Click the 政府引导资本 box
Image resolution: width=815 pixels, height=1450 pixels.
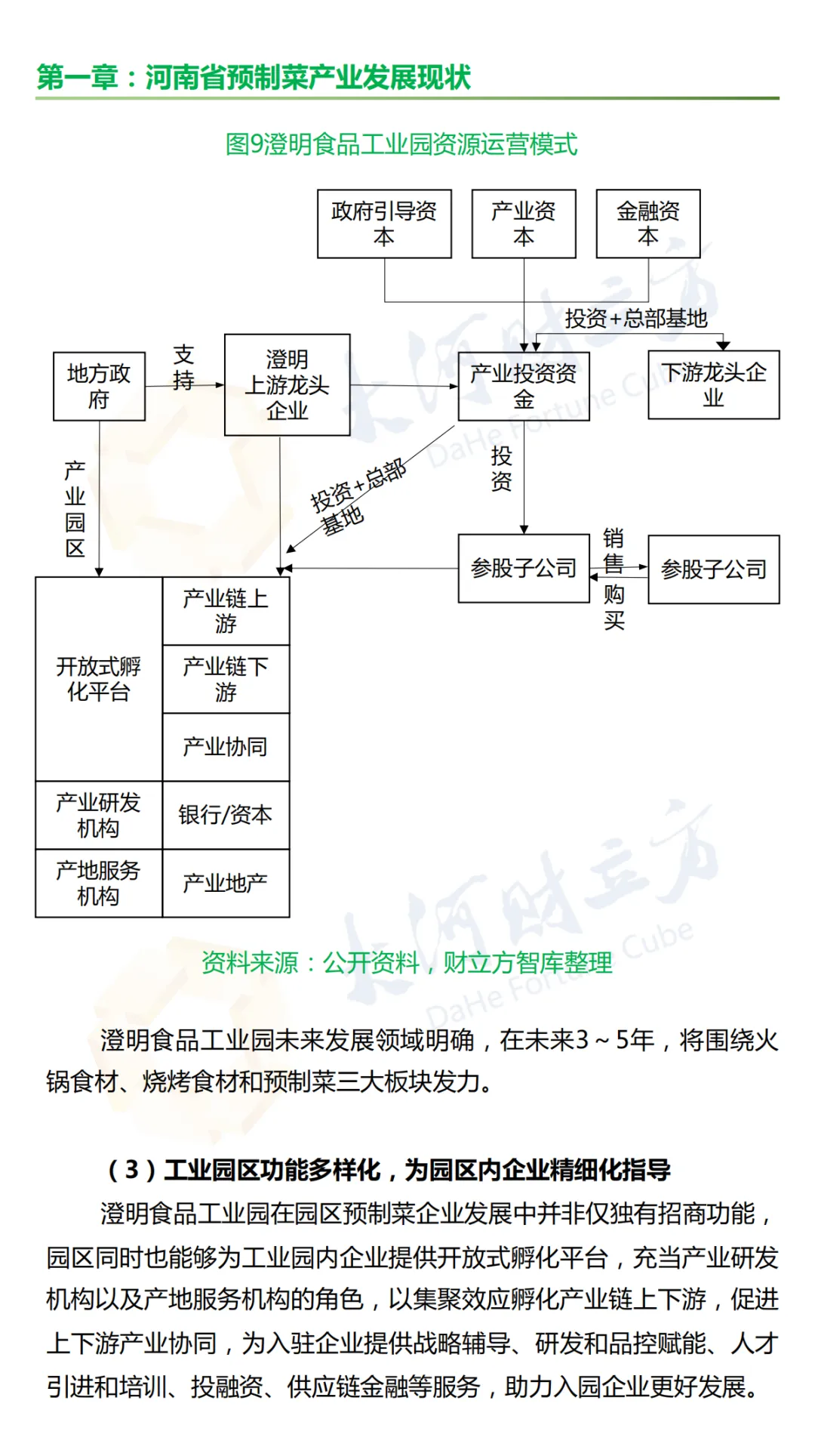384,224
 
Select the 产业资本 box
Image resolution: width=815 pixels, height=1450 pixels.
524,224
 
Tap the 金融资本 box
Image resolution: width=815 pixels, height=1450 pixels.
648,224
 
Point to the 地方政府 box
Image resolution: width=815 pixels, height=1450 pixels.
99,386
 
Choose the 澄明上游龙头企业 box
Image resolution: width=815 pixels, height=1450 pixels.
288,385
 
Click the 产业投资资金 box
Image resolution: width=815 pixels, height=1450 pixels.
524,386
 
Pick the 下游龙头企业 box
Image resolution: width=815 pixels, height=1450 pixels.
714,385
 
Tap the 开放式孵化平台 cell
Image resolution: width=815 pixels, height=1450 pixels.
99,679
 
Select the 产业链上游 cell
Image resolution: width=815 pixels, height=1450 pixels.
226,611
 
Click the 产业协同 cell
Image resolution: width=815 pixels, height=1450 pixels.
226,747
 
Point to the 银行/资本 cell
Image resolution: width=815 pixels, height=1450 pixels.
226,815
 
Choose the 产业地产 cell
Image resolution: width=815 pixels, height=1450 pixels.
226,883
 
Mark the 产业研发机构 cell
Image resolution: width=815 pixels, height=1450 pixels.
99,815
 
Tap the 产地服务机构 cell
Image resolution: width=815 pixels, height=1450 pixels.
99,883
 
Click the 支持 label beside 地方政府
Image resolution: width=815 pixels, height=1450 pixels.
184,368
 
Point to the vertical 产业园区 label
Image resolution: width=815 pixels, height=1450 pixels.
75,509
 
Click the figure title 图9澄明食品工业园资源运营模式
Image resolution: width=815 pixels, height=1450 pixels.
401,144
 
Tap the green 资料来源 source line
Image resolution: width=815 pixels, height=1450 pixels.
407,963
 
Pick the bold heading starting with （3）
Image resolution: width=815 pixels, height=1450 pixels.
389,1170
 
